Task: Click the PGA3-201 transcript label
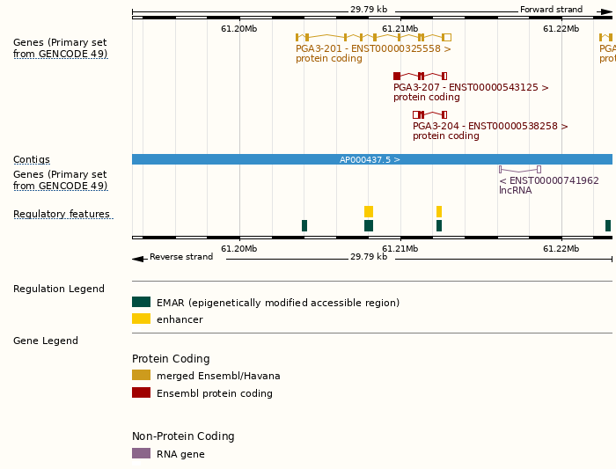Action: (x=373, y=49)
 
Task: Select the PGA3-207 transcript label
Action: (x=471, y=88)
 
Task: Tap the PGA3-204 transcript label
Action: (x=490, y=127)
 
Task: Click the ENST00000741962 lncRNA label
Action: (x=549, y=180)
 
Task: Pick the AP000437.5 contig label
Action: (x=370, y=160)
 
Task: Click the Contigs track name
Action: (x=32, y=160)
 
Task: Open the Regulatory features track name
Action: (x=62, y=215)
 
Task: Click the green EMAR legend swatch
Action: (x=141, y=303)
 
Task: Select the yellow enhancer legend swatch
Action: (x=141, y=319)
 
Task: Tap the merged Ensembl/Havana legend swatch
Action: (x=141, y=376)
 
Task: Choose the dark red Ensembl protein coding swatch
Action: (x=141, y=393)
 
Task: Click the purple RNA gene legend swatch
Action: (x=141, y=454)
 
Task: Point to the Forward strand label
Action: (x=551, y=10)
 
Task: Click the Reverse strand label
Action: (x=181, y=257)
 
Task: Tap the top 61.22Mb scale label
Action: (x=561, y=29)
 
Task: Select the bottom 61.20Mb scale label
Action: (x=239, y=249)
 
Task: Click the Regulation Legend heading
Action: (x=59, y=289)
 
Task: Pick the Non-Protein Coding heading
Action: (x=183, y=436)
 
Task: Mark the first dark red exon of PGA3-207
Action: (x=397, y=77)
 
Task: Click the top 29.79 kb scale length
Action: (x=369, y=10)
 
